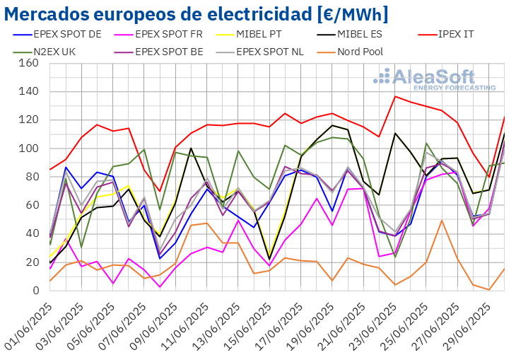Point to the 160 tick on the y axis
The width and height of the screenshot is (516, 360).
click(29, 63)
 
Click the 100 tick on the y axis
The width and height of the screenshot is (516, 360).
click(29, 149)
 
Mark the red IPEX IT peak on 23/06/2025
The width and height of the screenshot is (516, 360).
click(395, 96)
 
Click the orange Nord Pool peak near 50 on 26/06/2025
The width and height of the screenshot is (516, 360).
click(442, 220)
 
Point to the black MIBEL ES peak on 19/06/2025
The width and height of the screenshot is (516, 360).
click(332, 125)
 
